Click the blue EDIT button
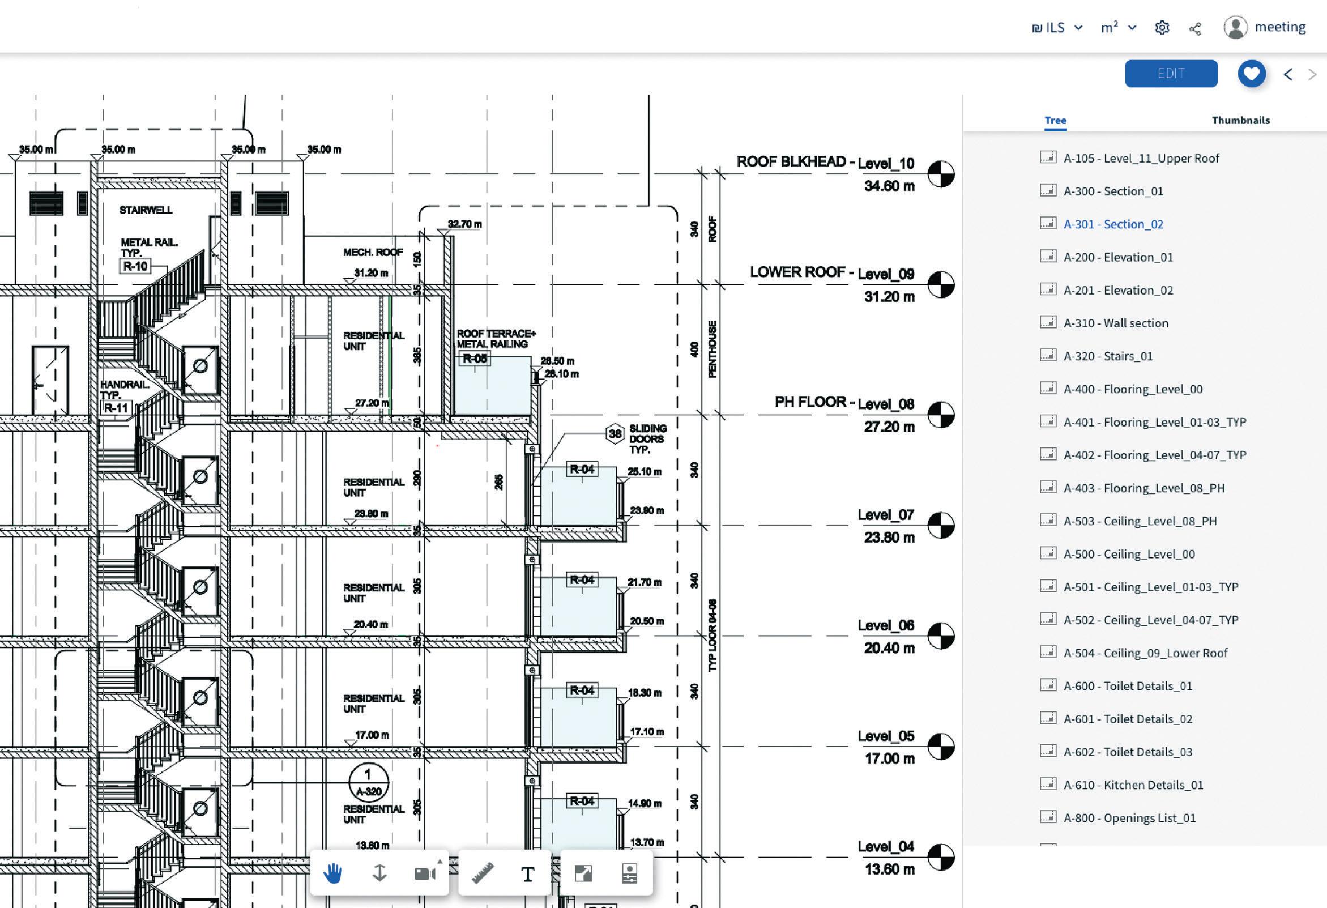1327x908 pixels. click(x=1171, y=74)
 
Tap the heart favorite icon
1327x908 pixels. click(x=1252, y=74)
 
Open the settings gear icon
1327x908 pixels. click(x=1162, y=28)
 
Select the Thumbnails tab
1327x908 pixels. click(x=1240, y=121)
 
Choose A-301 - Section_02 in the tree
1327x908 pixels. click(x=1113, y=224)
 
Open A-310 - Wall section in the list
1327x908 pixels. click(x=1115, y=323)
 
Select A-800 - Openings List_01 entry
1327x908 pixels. click(x=1129, y=818)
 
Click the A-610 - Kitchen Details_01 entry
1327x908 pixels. click(x=1133, y=785)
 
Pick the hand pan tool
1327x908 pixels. click(x=333, y=873)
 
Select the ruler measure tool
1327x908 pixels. click(x=483, y=873)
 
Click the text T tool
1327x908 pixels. click(x=528, y=874)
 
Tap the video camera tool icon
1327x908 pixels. click(x=425, y=873)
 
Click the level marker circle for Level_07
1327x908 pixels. click(x=940, y=526)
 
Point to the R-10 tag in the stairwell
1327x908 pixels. click(x=135, y=266)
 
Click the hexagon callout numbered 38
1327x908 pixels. click(x=615, y=434)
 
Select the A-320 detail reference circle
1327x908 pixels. click(x=368, y=783)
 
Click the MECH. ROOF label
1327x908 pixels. click(x=373, y=253)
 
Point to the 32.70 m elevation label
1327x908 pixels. click(x=464, y=224)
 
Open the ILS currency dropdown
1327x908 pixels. click(x=1057, y=28)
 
